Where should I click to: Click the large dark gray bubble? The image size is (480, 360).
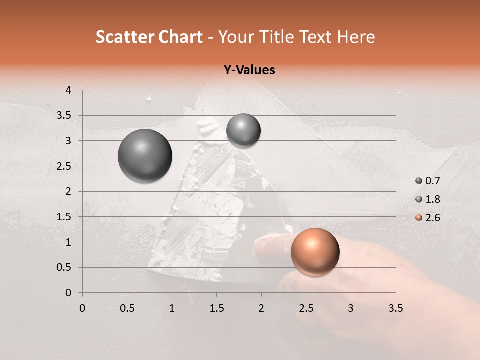145,156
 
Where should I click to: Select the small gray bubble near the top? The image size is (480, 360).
243,131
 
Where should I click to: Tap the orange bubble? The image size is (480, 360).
315,252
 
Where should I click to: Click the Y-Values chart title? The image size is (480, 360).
249,70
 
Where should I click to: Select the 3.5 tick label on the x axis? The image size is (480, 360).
395,308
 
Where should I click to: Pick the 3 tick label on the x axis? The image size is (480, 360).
350,308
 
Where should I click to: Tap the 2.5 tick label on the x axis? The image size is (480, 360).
306,308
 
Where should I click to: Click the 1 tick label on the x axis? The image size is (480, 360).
172,308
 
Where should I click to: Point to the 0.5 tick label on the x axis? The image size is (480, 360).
127,308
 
